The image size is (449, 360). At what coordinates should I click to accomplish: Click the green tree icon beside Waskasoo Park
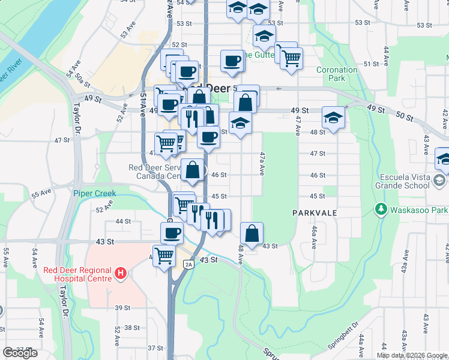click(380, 209)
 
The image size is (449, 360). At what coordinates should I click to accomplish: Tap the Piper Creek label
click(94, 193)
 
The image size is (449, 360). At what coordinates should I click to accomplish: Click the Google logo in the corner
click(20, 353)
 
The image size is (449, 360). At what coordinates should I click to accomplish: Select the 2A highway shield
click(189, 264)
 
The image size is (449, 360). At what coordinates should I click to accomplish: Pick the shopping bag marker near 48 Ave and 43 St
click(252, 233)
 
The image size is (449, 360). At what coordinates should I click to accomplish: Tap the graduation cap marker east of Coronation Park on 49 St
click(333, 118)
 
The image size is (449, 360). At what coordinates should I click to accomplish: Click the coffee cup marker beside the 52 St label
click(232, 61)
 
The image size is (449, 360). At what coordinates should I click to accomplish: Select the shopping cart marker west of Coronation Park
click(291, 59)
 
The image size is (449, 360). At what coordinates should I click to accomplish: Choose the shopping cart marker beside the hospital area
click(164, 256)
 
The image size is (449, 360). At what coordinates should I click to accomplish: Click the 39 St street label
click(122, 308)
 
